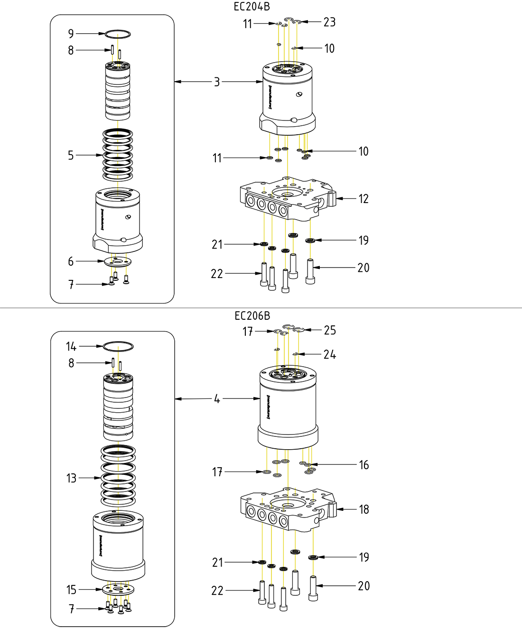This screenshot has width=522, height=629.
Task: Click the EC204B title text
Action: tap(252, 7)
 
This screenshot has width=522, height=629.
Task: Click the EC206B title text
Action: tap(252, 316)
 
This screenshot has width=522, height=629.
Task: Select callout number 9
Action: tap(71, 34)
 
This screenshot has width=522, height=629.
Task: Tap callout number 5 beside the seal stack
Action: tap(71, 155)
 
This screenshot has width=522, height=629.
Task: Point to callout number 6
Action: tap(71, 261)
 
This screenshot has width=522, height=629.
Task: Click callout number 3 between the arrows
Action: tap(217, 82)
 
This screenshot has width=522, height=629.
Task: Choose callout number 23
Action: tap(329, 22)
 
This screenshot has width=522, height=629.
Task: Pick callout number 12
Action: tap(364, 199)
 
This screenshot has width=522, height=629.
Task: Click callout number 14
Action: tap(71, 346)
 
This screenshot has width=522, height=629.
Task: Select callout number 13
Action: tap(71, 478)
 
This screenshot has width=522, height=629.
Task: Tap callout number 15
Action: tap(71, 590)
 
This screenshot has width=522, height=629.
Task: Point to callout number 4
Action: tap(217, 399)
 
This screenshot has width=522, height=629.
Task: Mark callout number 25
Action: tap(330, 330)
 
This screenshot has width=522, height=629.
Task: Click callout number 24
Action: tap(330, 354)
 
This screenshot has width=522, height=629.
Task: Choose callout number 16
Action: tap(364, 465)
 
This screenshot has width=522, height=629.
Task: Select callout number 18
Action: tap(364, 509)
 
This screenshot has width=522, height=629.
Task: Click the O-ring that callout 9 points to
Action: tap(117, 34)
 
